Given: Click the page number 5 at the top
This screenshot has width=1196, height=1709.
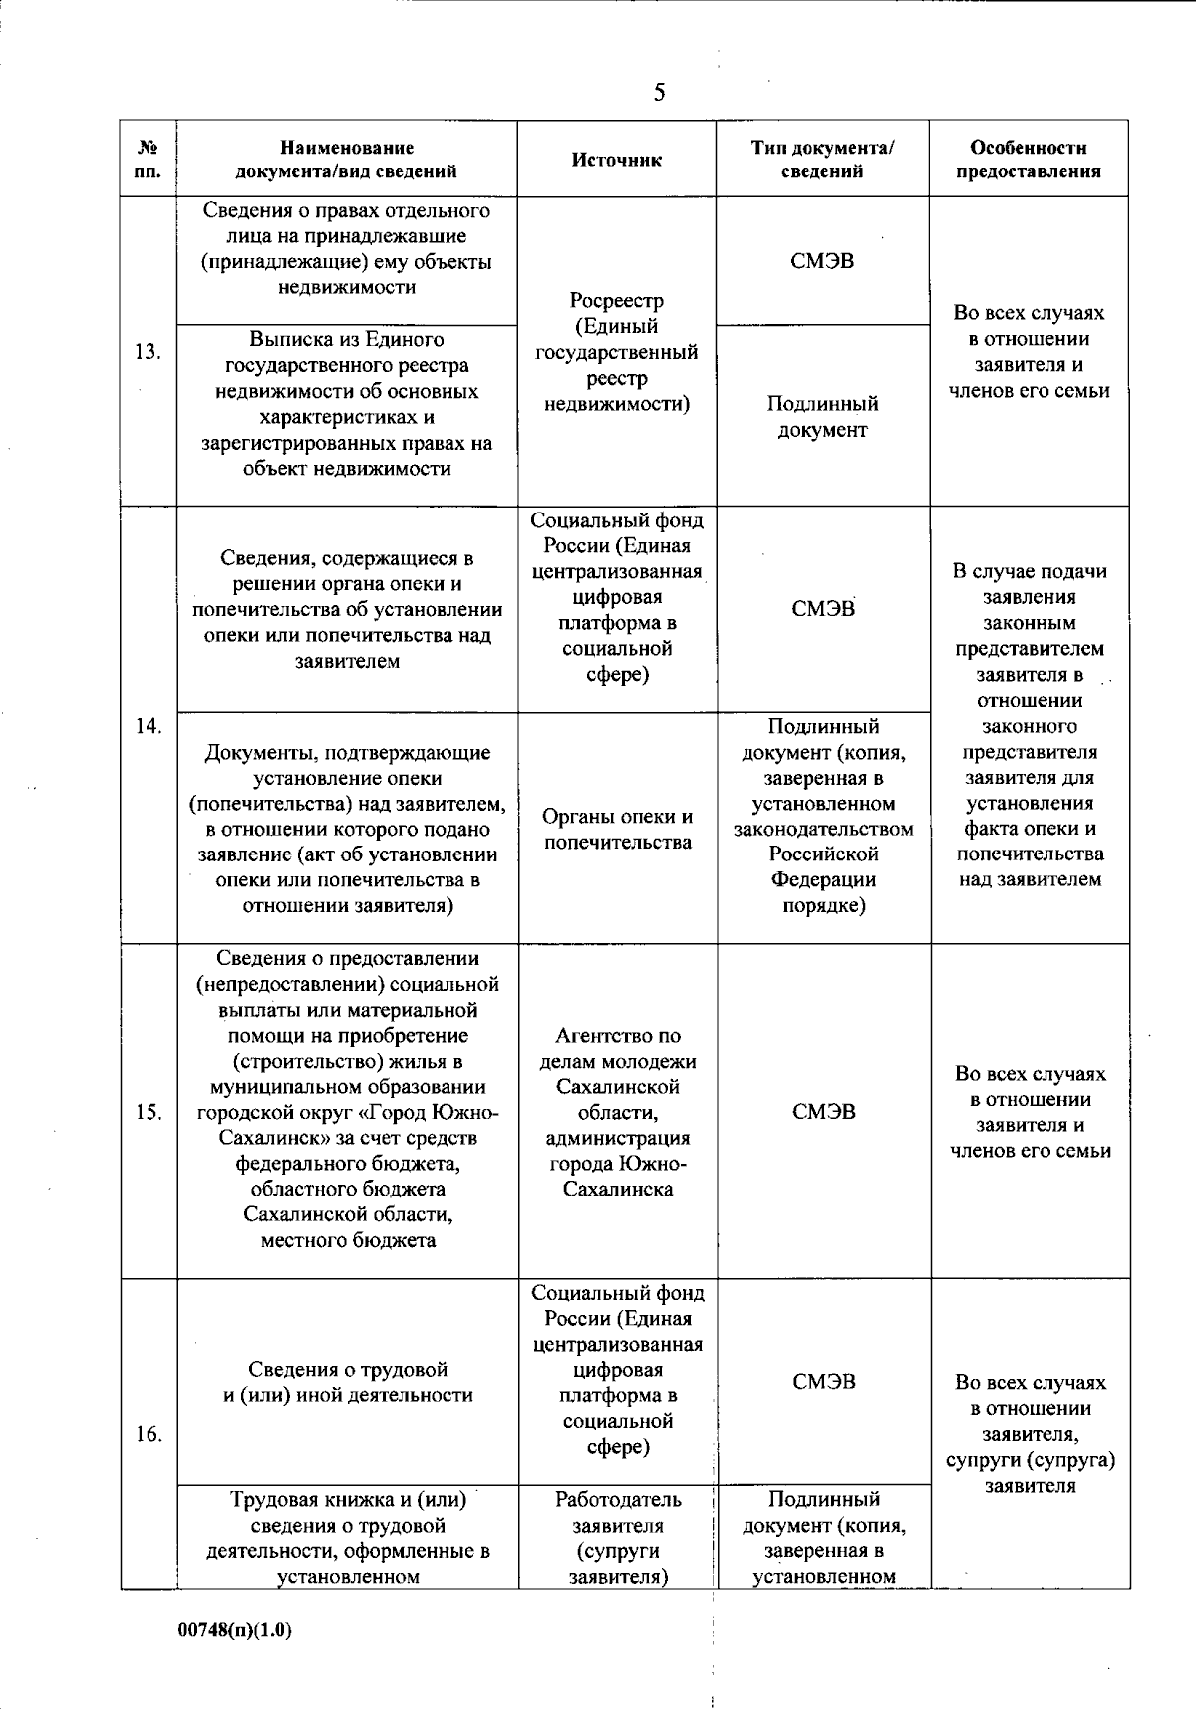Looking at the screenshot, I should tap(659, 93).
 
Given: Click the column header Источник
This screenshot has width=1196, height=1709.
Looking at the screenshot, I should tap(617, 160).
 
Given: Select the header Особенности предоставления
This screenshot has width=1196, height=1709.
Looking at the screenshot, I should tap(1029, 160).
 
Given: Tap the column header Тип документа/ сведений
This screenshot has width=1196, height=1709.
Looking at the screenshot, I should tap(822, 160).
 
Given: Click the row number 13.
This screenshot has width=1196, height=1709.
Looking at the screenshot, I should tap(149, 351).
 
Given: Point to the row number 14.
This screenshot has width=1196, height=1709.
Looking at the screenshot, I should tap(149, 726).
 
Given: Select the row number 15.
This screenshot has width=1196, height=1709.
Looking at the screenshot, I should tap(149, 1112).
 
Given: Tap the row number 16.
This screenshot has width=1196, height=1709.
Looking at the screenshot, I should tap(149, 1434).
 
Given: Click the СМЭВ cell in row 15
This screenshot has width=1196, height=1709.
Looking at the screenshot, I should tap(823, 1112).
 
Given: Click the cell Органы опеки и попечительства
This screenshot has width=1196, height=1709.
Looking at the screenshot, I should tap(617, 830).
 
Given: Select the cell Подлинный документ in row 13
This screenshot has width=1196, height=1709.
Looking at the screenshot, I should tap(822, 417).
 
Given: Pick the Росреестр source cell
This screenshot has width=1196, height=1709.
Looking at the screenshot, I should tap(617, 352).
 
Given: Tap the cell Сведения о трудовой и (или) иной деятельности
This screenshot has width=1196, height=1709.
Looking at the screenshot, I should tap(348, 1382).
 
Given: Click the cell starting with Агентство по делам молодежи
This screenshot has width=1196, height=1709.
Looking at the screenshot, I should tap(617, 1112).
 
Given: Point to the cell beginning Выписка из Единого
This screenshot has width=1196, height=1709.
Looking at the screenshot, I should tap(348, 404).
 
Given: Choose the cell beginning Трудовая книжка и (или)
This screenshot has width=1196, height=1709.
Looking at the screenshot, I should tap(348, 1538).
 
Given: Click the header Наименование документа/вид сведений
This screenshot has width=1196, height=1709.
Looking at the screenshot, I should tap(347, 160).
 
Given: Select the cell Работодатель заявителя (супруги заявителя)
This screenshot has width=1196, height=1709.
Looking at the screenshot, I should tap(617, 1538).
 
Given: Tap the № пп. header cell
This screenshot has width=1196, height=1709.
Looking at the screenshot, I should tap(149, 160).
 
